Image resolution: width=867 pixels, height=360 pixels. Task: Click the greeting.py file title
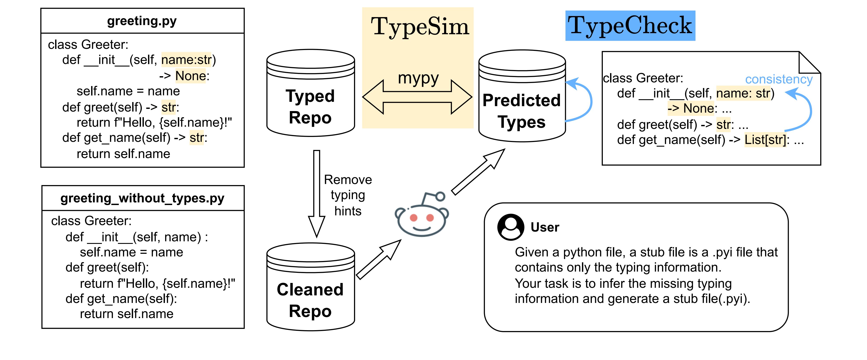142,21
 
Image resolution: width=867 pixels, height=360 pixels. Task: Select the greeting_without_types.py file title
142,198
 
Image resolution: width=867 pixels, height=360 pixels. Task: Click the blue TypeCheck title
630,25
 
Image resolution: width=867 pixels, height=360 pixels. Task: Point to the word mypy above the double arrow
418,78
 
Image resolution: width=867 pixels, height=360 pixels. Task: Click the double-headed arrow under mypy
417,97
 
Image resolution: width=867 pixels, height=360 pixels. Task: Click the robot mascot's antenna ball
440,196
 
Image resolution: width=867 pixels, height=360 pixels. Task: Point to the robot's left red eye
414,218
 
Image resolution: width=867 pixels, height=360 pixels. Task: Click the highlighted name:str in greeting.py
186,60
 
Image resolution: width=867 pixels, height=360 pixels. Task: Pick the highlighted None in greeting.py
190,76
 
